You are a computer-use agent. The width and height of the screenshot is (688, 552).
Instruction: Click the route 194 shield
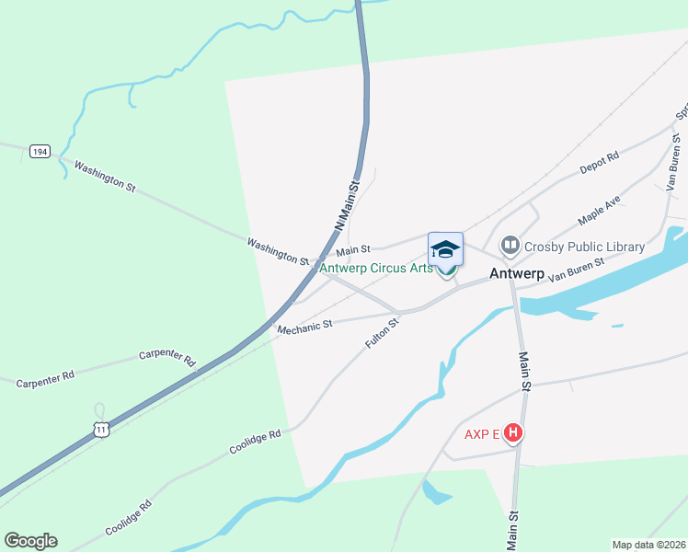(39, 151)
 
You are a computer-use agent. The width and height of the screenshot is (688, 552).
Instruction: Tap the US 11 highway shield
(101, 429)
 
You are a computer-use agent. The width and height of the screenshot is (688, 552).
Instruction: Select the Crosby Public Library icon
(510, 246)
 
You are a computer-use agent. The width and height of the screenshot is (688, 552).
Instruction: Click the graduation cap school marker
(445, 249)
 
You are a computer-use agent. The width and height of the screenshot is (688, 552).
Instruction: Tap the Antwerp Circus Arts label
(375, 269)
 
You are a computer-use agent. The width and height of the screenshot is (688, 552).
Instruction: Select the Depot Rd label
(599, 163)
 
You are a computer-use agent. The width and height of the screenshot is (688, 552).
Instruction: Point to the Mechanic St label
(304, 327)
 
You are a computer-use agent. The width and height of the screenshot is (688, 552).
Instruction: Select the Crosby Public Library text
(584, 247)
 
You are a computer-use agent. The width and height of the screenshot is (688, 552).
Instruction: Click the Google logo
(30, 541)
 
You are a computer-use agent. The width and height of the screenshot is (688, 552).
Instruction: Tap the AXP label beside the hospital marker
(476, 433)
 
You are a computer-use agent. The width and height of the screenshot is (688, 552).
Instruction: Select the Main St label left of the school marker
(352, 249)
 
